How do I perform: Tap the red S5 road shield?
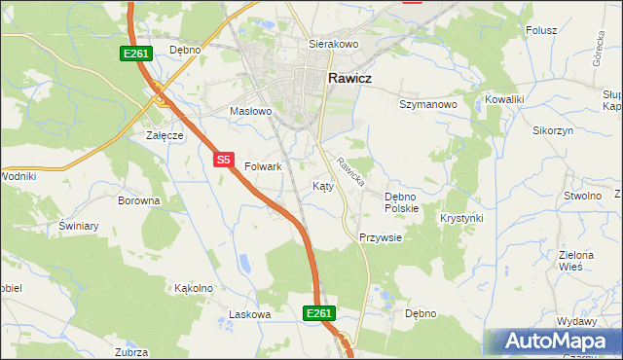tap(224, 159)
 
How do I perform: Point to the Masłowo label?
tap(250, 111)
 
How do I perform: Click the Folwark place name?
tap(263, 166)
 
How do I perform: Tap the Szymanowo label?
tap(428, 103)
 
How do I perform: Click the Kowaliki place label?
tap(504, 99)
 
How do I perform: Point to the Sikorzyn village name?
tap(553, 129)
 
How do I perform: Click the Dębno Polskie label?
tap(401, 201)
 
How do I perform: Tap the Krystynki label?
tap(461, 218)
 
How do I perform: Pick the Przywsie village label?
tap(380, 236)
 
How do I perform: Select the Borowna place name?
tap(138, 200)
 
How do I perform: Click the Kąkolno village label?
tap(193, 288)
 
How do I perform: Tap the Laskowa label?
tap(248, 314)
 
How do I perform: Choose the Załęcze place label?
tap(165, 135)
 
